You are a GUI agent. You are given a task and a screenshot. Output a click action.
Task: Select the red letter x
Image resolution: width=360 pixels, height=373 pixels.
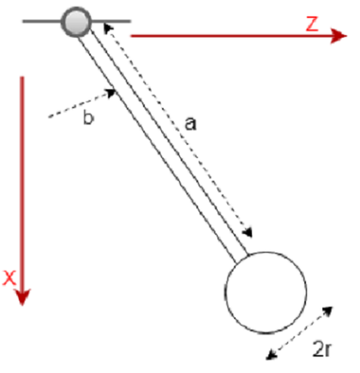point(10,276)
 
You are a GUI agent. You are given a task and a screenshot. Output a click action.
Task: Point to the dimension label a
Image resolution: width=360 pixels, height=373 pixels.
point(190,123)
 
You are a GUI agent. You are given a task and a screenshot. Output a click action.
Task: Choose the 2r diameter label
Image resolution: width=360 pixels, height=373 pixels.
point(322,349)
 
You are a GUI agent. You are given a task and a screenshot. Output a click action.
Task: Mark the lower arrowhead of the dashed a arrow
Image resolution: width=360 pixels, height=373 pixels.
point(250,236)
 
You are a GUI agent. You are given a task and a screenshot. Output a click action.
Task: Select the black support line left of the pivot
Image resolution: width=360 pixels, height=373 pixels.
point(43,19)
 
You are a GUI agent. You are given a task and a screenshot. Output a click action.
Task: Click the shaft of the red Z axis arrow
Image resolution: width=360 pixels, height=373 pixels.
point(223,38)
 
